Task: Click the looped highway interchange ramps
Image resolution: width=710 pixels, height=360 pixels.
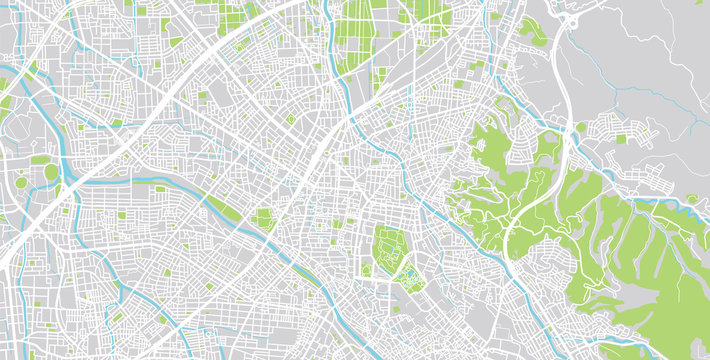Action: (571, 20)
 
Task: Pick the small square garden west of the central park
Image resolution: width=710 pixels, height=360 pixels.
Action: (264, 218)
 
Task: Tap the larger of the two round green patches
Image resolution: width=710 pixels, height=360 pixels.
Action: (51, 172)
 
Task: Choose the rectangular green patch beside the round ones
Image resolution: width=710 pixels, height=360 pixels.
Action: (40, 159)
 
